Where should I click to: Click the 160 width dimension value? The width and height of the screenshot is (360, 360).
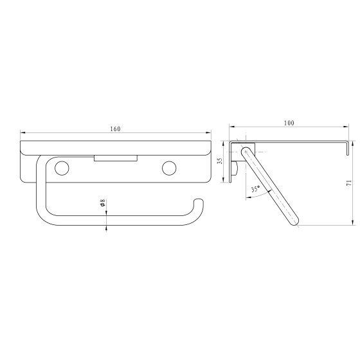[115, 129]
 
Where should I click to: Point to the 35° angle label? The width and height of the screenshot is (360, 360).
[255, 190]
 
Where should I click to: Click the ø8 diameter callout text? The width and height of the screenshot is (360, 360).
[103, 204]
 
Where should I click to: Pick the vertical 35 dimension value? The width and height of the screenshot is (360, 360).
[220, 161]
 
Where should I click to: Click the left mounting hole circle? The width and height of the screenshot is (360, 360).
[62, 168]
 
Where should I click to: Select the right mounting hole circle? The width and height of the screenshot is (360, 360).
[169, 168]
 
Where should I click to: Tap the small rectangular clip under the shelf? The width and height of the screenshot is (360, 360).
[115, 157]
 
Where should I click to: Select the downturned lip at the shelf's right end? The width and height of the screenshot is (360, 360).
[347, 148]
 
